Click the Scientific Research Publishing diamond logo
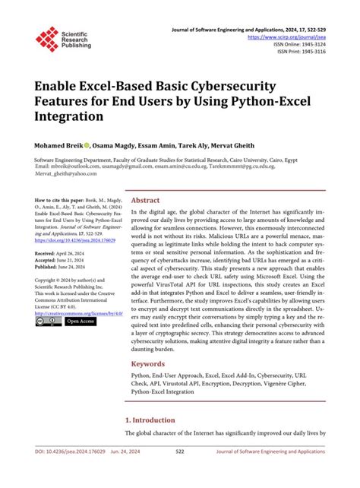point(47,39)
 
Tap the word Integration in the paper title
point(68,117)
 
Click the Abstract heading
point(146,199)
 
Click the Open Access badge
point(80,322)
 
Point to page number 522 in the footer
point(179,472)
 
